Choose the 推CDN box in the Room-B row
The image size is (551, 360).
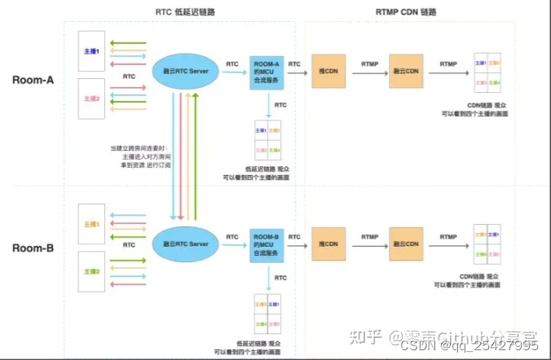[330, 243]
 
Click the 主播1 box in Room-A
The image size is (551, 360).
[91, 50]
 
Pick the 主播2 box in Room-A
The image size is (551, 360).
[91, 99]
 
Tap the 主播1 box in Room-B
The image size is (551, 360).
[91, 222]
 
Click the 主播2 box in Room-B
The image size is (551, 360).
[91, 271]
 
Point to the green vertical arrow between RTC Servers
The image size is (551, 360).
[196, 155]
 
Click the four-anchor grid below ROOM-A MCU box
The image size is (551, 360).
[267, 140]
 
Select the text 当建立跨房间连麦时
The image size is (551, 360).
[138, 149]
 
